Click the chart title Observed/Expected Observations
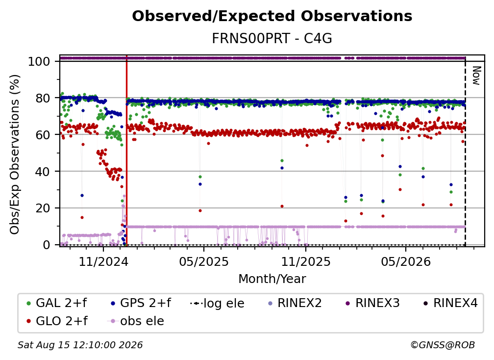tap(272, 16)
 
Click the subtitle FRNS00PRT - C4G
tap(272, 39)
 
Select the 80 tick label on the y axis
tap(43, 98)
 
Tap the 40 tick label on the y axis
tap(43, 172)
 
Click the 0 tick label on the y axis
tap(47, 245)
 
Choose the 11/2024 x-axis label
tap(103, 261)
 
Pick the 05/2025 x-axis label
tap(204, 261)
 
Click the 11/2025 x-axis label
tap(306, 261)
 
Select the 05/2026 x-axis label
tap(406, 261)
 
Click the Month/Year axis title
tap(272, 279)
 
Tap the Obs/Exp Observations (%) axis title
tap(15, 154)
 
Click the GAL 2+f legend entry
tap(56, 303)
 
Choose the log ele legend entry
tap(217, 303)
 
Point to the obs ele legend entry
tap(136, 321)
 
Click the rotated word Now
tap(476, 76)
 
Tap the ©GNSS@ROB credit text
tap(443, 345)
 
